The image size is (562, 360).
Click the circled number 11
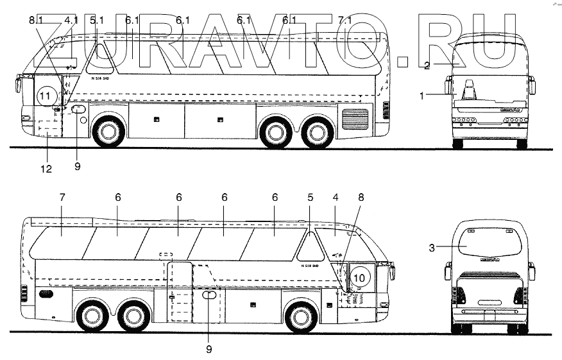(x=44, y=97)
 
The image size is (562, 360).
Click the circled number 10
(x=360, y=277)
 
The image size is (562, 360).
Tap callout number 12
(x=47, y=169)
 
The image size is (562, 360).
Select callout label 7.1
(x=345, y=21)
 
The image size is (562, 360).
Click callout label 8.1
(x=36, y=21)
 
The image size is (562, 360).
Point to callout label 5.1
(x=97, y=21)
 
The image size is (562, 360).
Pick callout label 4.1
(x=71, y=21)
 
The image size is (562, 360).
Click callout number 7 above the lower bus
(x=62, y=198)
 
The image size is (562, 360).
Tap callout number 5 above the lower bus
(x=310, y=198)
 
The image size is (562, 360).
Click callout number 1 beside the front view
(x=422, y=96)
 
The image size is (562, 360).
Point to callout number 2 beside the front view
(x=427, y=64)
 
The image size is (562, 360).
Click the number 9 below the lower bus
(x=209, y=349)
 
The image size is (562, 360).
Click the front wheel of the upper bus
(x=107, y=132)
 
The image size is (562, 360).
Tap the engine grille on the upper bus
(x=355, y=119)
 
